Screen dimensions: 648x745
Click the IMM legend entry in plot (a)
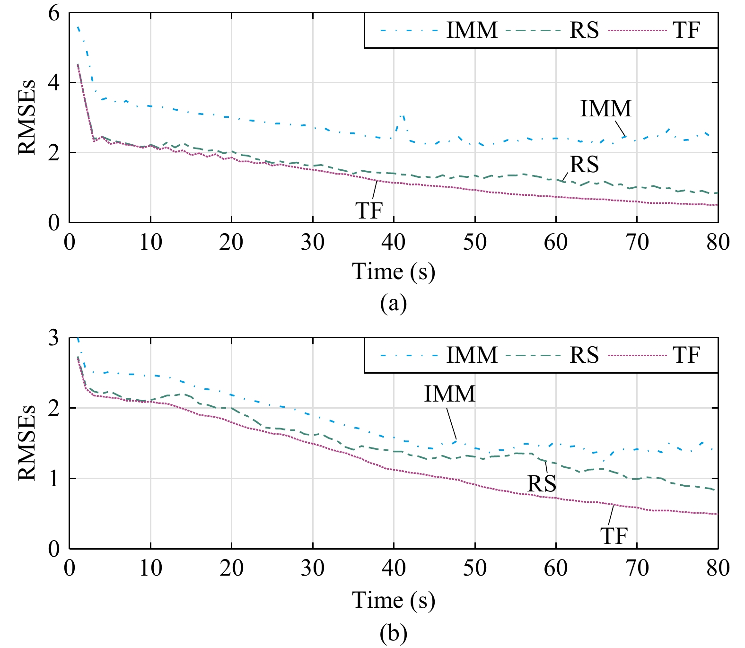pyautogui.click(x=472, y=30)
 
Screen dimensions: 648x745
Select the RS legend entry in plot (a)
pyautogui.click(x=584, y=30)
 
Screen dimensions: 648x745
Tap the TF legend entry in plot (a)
pyautogui.click(x=686, y=30)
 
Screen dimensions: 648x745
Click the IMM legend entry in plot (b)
pyautogui.click(x=472, y=355)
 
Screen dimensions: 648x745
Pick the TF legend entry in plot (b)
pyautogui.click(x=686, y=355)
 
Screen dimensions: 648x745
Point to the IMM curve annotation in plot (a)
pyautogui.click(x=606, y=109)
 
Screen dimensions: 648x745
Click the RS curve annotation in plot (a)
pyautogui.click(x=584, y=165)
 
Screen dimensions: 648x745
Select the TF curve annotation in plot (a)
pyautogui.click(x=368, y=210)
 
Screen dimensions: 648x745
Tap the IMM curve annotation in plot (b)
pyautogui.click(x=449, y=394)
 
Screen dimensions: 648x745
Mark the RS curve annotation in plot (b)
pyautogui.click(x=542, y=483)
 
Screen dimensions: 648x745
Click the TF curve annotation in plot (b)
pyautogui.click(x=614, y=536)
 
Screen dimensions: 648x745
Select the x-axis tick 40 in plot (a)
pyautogui.click(x=394, y=242)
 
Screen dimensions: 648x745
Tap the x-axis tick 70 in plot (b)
pyautogui.click(x=637, y=568)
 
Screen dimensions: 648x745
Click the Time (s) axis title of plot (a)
pyautogui.click(x=394, y=272)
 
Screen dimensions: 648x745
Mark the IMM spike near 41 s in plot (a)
pyautogui.click(x=402, y=116)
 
